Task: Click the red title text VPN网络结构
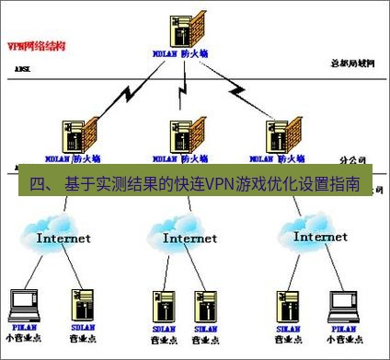tap(33, 44)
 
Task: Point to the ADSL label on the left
tap(22, 69)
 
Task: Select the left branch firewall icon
tap(76, 136)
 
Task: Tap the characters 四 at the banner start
tap(37, 184)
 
